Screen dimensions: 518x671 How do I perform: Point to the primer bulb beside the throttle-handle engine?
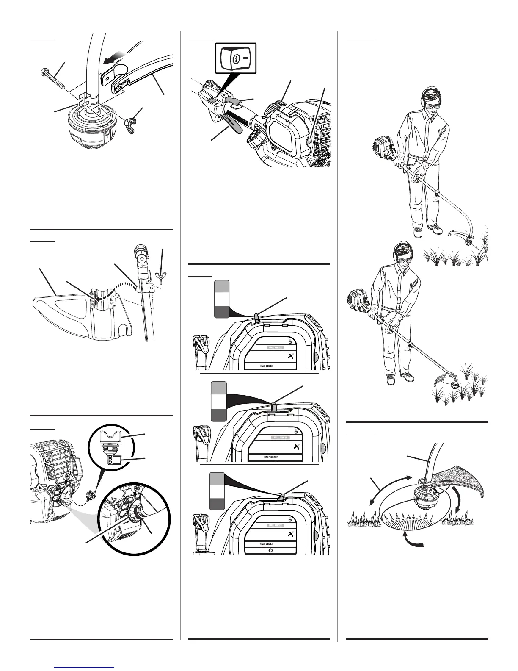point(311,139)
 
